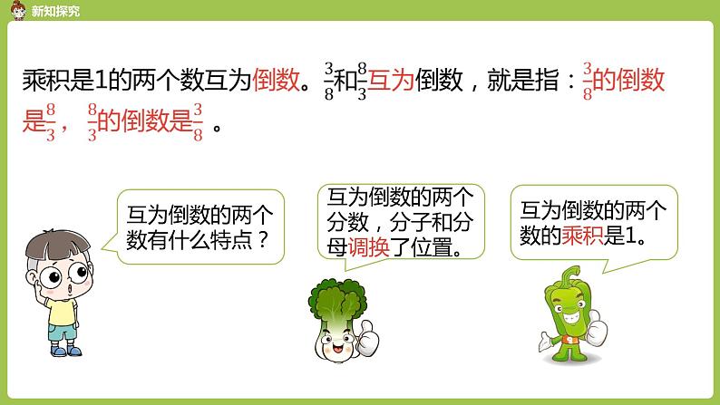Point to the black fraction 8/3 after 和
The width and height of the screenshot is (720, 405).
point(362,82)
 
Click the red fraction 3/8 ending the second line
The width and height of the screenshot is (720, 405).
point(198,121)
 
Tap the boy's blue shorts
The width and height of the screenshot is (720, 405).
point(63,334)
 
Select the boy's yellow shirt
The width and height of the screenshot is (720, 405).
point(62,310)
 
